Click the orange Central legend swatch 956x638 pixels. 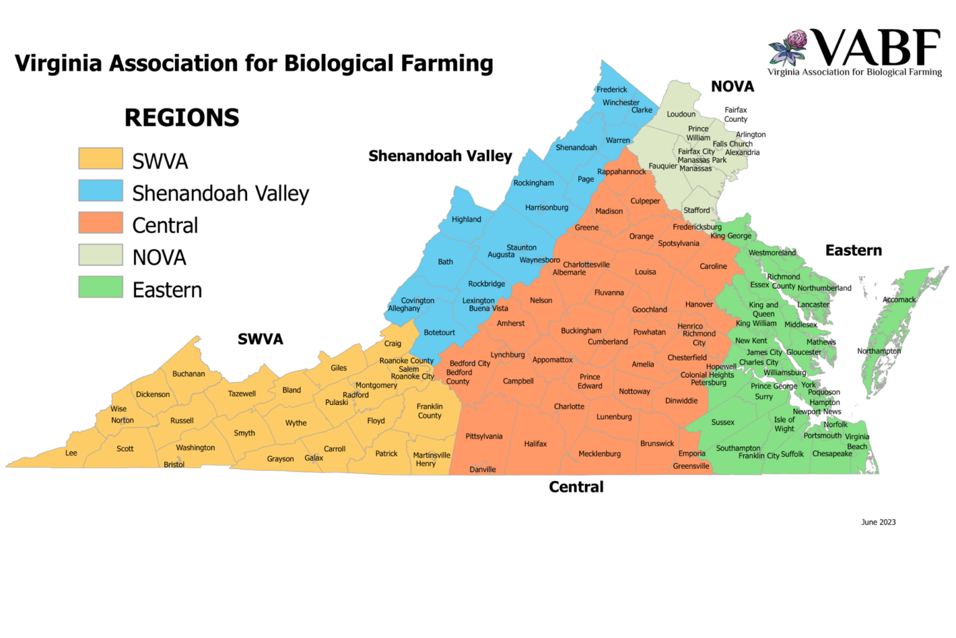tap(100, 222)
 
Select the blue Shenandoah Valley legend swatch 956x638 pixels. tap(100, 191)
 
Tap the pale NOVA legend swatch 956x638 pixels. tap(100, 255)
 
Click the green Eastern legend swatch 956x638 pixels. tap(100, 287)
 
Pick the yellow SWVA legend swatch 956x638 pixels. tap(100, 158)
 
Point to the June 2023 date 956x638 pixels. tap(878, 522)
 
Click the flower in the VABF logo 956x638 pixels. tap(789, 47)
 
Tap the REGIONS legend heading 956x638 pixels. tap(182, 118)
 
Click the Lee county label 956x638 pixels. tap(72, 453)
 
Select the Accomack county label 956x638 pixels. tap(899, 300)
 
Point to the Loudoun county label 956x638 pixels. tap(681, 114)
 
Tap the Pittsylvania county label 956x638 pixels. tap(484, 436)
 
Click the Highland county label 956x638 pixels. tap(466, 219)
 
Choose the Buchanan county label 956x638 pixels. tap(189, 374)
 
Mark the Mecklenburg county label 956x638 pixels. tap(599, 454)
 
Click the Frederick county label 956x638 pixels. tap(612, 90)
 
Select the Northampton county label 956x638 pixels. tap(879, 351)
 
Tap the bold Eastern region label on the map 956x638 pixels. tap(853, 250)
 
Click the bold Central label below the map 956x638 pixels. tap(576, 487)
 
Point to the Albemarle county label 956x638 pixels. tap(569, 272)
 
